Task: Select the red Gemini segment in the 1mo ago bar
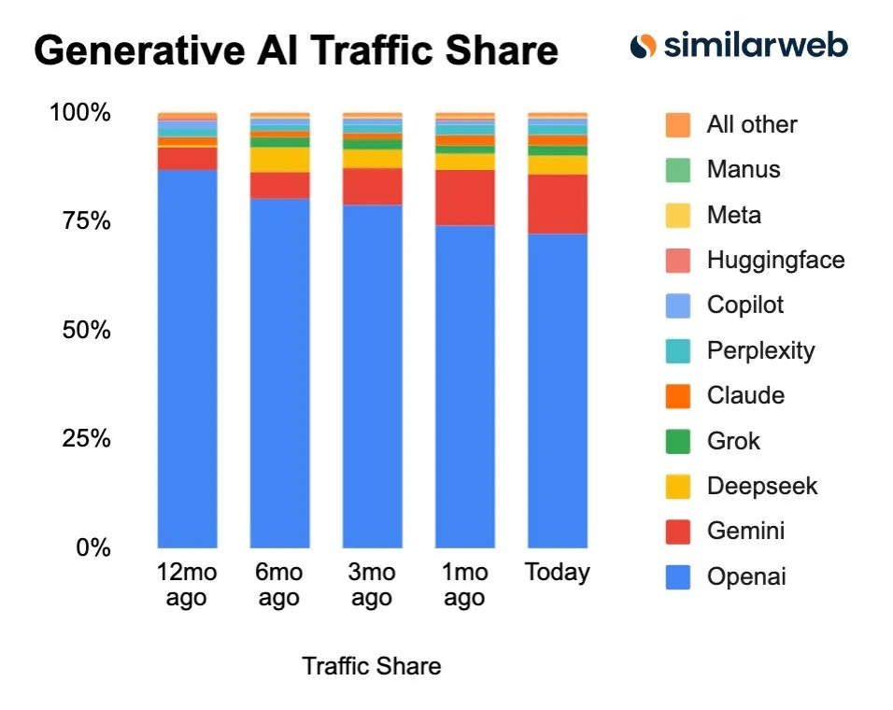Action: [465, 197]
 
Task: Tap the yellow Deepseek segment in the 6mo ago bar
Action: [279, 160]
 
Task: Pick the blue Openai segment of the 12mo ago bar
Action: [187, 359]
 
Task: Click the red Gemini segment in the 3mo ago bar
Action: [372, 187]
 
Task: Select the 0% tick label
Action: [92, 547]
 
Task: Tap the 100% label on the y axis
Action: [79, 113]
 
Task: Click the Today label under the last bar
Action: [558, 572]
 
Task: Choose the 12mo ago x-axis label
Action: [187, 585]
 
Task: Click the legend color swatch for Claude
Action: [678, 395]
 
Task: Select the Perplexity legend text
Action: [760, 350]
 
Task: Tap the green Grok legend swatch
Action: [678, 441]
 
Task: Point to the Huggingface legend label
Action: [775, 260]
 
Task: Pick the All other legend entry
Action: [752, 124]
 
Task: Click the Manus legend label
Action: [743, 169]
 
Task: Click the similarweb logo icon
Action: [643, 45]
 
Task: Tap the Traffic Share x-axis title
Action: [371, 666]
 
